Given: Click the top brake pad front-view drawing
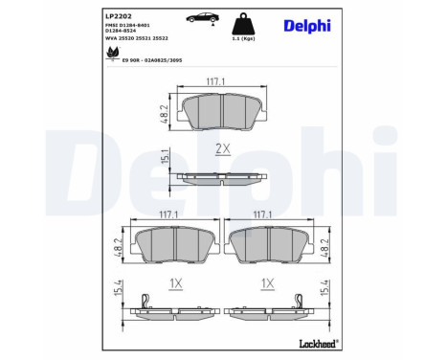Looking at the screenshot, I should [222, 112].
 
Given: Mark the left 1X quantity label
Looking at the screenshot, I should [175, 284].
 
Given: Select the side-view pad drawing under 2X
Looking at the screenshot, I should [222, 177].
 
